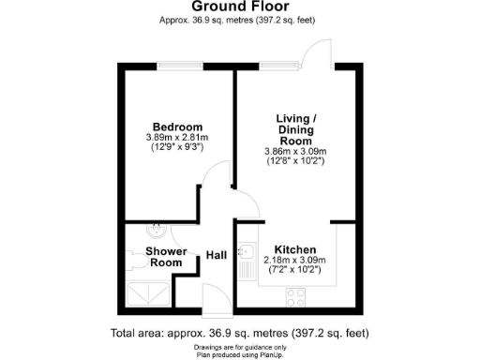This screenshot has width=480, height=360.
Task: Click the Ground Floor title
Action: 240,6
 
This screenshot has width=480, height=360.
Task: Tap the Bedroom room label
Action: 178,127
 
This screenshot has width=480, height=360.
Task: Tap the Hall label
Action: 216,255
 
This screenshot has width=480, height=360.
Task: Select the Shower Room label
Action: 165,257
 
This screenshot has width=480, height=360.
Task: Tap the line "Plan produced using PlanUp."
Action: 240,353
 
